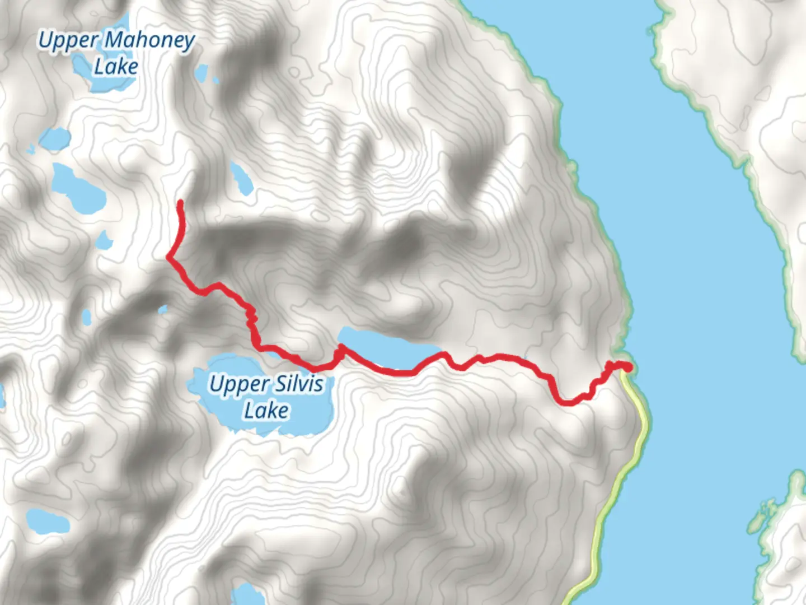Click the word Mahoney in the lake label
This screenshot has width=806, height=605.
tap(149, 40)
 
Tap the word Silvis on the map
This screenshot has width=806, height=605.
tap(298, 384)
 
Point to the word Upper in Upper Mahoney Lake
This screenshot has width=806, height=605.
tap(68, 40)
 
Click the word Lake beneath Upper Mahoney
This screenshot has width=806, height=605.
tap(116, 67)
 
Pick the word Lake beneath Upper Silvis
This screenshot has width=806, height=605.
tap(266, 411)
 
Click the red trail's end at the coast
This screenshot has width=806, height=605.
tap(629, 367)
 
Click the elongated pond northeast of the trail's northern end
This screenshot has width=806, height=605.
tap(241, 178)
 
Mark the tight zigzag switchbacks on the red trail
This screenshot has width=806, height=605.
tap(251, 318)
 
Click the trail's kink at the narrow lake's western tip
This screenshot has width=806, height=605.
tap(340, 351)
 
